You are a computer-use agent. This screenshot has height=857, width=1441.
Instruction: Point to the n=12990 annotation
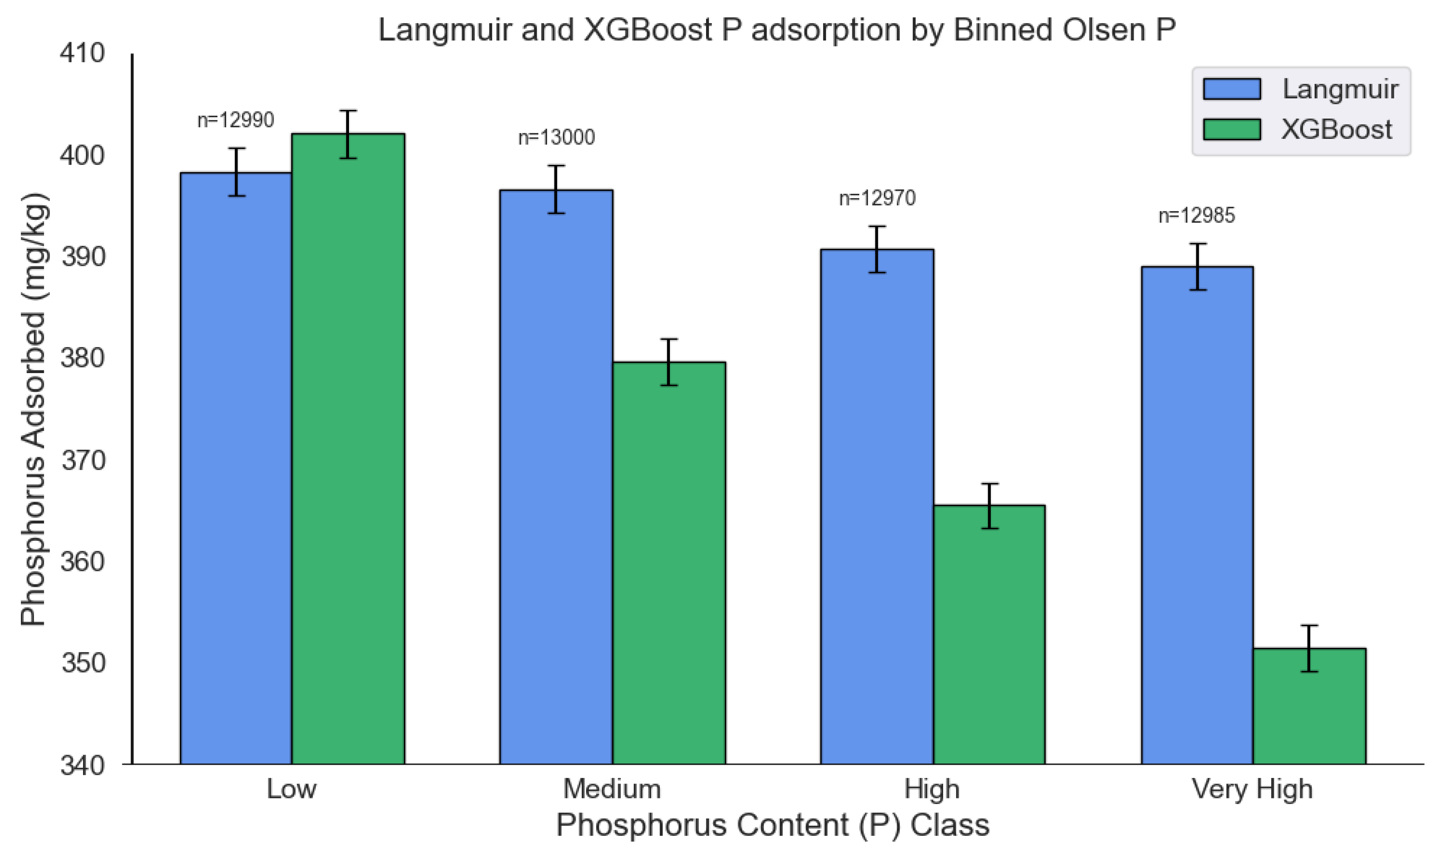coord(235,120)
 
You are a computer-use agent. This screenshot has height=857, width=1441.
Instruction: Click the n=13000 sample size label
coord(556,138)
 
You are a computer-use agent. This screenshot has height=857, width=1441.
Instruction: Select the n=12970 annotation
coord(877,199)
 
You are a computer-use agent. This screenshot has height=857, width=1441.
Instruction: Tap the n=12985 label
coord(1196,216)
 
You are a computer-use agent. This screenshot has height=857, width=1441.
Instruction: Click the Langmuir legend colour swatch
coord(1232,89)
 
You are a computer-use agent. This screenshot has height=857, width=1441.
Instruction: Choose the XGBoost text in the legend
coord(1337,129)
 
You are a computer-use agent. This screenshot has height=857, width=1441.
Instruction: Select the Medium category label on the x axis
coord(611,789)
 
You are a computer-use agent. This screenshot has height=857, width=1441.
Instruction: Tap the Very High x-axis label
coord(1252,789)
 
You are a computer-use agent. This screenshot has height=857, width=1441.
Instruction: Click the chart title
coord(777,30)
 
